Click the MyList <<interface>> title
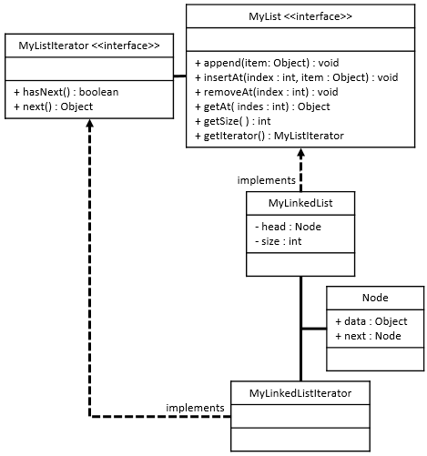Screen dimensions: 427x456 [300, 16]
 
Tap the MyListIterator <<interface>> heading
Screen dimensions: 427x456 [89, 46]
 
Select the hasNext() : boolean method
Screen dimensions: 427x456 [66, 92]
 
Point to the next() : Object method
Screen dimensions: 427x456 [54, 106]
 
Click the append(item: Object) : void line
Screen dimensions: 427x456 [267, 63]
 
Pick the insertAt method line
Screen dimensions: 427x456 [297, 77]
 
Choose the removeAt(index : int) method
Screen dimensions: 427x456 [267, 92]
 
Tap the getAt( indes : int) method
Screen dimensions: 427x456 [262, 106]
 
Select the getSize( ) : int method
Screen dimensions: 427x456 [232, 121]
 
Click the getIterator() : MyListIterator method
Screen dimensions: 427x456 [269, 136]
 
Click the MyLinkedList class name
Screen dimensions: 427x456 [300, 203]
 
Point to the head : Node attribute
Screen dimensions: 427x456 [288, 227]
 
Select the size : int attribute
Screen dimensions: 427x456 [279, 241]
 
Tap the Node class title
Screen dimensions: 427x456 [375, 298]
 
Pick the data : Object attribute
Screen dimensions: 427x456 [371, 321]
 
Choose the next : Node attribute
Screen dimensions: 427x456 [368, 336]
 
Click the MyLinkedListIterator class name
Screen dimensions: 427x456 [300, 393]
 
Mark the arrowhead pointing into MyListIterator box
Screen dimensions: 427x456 [89, 123]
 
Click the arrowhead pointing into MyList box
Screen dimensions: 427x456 [300, 153]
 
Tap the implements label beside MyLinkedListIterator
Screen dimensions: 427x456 [195, 408]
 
